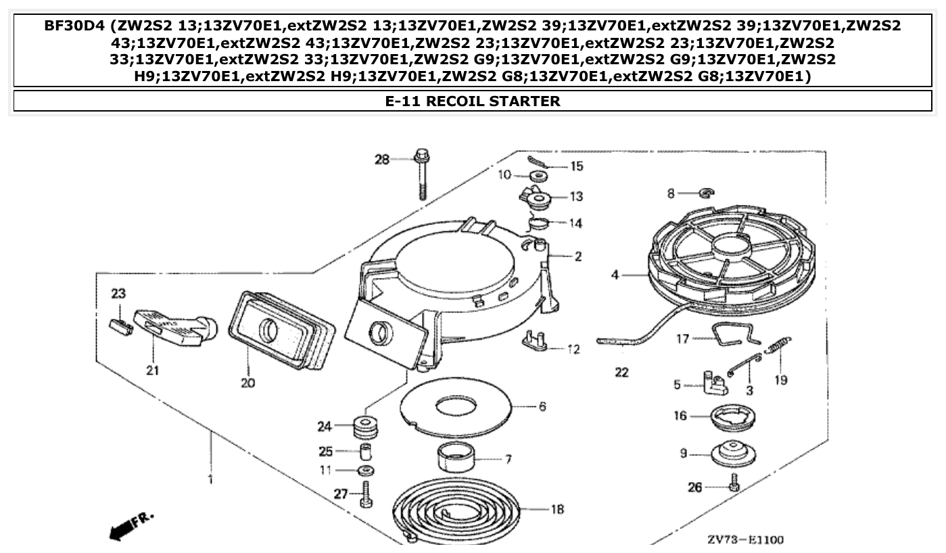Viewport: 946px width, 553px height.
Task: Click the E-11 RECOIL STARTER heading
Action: point(473,101)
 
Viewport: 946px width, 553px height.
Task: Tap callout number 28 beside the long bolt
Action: point(383,160)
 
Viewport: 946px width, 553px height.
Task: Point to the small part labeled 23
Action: point(120,327)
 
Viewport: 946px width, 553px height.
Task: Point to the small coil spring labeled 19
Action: point(778,347)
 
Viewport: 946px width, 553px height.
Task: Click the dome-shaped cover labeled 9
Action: point(734,452)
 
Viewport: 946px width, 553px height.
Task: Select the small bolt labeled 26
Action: point(734,483)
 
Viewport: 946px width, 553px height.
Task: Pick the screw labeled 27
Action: point(366,495)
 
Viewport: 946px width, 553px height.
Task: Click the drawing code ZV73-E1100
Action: point(746,539)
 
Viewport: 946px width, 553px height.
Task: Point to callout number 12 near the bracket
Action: point(573,350)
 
